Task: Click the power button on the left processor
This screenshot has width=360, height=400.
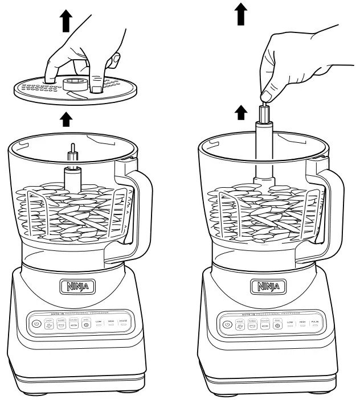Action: pyautogui.click(x=36, y=323)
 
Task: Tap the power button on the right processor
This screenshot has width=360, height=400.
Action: pyautogui.click(x=227, y=324)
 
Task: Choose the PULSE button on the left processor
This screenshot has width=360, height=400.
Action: pyautogui.click(x=123, y=323)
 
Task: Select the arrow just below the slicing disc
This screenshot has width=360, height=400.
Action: pyautogui.click(x=67, y=119)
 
